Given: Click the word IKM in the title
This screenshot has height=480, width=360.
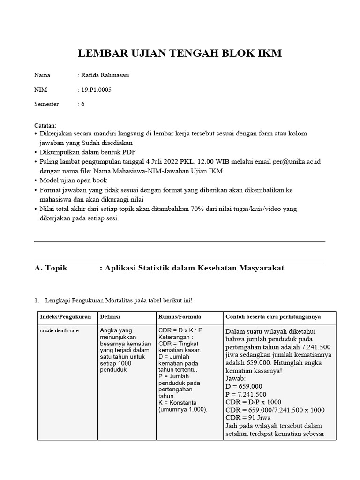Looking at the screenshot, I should [x=269, y=54].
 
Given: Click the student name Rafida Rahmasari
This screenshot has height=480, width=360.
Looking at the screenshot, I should [x=105, y=75].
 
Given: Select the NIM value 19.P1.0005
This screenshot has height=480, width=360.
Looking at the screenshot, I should [x=97, y=90].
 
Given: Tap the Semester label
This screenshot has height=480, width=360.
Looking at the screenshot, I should [x=46, y=104].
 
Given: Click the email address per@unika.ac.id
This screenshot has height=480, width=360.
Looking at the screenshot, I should [x=297, y=161].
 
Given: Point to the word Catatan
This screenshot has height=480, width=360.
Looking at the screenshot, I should [x=45, y=126].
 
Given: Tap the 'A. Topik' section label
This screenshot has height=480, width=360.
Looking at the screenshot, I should [x=51, y=268].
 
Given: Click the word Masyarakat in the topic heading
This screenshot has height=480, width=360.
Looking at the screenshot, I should [x=262, y=268].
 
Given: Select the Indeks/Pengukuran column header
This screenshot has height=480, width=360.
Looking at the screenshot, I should [x=65, y=317].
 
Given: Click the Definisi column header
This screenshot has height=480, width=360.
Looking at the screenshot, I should [x=110, y=317].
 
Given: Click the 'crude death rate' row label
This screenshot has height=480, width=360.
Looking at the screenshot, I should [x=59, y=330].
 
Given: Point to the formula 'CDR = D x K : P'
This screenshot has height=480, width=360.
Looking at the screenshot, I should [x=180, y=330].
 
